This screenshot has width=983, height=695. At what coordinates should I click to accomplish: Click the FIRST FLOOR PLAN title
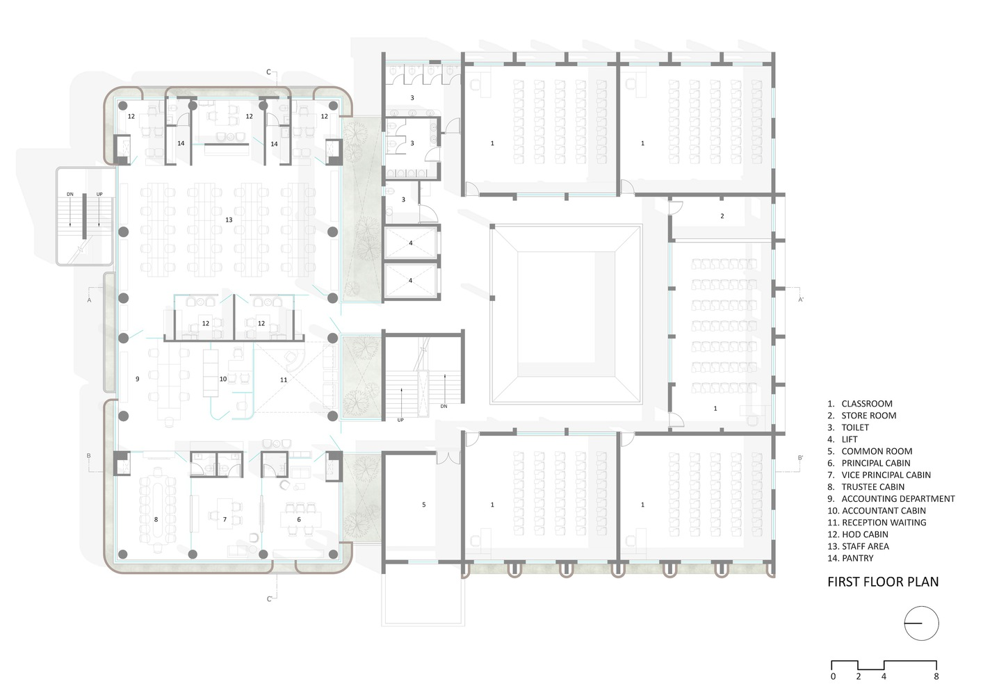[883, 582]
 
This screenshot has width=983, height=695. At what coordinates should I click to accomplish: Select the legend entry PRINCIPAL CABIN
[875, 463]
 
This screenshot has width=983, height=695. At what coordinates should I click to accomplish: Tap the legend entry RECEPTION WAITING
[884, 523]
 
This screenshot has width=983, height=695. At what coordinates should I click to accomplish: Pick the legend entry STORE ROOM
[868, 416]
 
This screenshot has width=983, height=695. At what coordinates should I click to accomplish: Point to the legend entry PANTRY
[857, 558]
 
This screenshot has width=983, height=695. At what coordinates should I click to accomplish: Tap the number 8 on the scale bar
[936, 676]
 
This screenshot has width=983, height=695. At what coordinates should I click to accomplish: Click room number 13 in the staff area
[229, 220]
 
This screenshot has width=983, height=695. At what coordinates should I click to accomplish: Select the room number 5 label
[423, 505]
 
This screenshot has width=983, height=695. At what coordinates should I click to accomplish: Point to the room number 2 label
[722, 216]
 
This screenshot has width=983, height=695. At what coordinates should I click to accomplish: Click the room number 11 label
[284, 379]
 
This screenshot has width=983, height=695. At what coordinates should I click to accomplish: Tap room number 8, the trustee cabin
[156, 519]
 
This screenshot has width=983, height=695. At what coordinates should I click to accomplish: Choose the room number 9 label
[138, 379]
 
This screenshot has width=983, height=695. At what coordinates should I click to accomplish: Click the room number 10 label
[223, 379]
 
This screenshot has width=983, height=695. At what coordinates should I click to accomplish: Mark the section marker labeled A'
[801, 300]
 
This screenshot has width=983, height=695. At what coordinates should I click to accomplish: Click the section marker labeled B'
[800, 458]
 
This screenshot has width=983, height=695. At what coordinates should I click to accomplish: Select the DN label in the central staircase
[444, 407]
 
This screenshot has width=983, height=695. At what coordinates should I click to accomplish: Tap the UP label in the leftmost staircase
[99, 195]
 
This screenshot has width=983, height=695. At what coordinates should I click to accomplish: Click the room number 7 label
[225, 519]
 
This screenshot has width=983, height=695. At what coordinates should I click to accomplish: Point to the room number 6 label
[299, 519]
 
